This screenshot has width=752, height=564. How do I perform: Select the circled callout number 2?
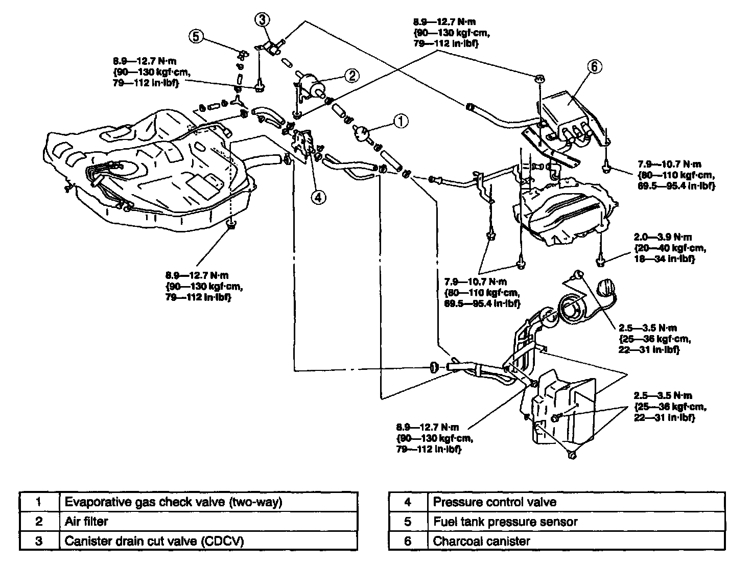352,76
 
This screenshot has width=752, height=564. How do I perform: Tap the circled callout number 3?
261,20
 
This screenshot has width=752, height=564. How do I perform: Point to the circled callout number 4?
318,197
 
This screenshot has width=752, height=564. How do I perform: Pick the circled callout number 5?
196,36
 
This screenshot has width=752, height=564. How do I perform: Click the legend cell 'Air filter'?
208,521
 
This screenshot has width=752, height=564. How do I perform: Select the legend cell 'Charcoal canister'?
576,540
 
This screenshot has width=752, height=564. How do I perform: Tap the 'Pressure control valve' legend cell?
576,502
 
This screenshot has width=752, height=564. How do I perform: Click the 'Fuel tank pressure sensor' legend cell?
576,521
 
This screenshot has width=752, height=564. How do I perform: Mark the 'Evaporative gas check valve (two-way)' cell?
208,502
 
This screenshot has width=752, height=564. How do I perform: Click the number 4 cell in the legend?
407,502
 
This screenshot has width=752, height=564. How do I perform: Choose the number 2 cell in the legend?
39,521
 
